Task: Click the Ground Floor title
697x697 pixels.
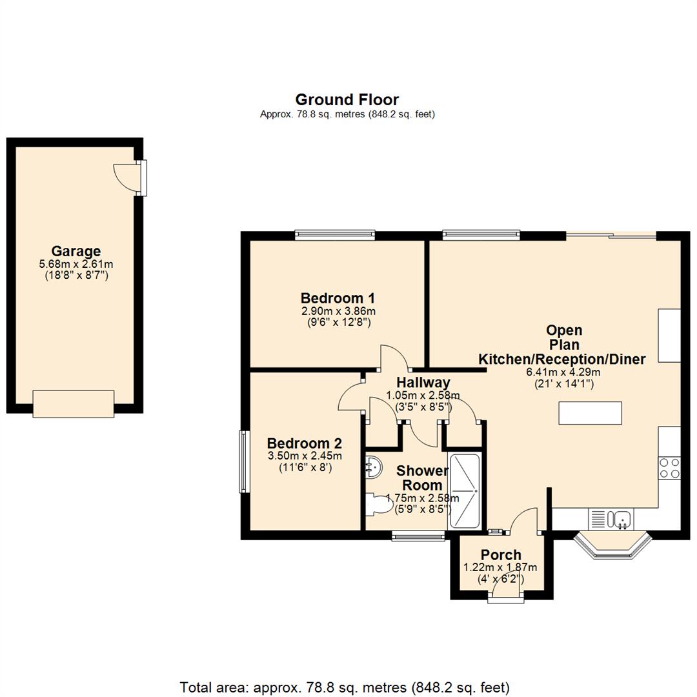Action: (x=347, y=99)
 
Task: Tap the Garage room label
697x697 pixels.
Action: (x=76, y=251)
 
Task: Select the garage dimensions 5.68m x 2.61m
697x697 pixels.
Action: (x=76, y=264)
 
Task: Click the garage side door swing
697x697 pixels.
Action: (x=124, y=175)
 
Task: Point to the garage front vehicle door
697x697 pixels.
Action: (x=74, y=403)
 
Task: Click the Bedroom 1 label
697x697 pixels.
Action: (x=338, y=298)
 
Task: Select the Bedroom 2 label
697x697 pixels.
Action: (x=304, y=443)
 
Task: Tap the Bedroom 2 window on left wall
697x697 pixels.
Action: (x=245, y=461)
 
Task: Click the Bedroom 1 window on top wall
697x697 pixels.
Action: (x=334, y=236)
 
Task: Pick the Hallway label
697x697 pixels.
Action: (x=423, y=383)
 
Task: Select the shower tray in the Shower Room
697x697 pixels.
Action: (x=464, y=491)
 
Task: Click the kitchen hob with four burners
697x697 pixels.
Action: (x=669, y=467)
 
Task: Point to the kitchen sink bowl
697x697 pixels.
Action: (x=623, y=518)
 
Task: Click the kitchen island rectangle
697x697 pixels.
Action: (x=590, y=413)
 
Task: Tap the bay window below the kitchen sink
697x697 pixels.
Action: (x=612, y=546)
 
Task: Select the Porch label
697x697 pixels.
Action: (x=501, y=555)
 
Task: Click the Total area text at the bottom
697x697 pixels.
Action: (x=345, y=687)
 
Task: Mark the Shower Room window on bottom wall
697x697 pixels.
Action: (x=418, y=535)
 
